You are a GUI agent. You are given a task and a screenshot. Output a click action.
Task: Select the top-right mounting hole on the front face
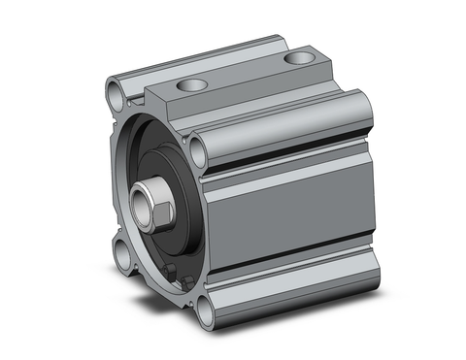tap(199, 148)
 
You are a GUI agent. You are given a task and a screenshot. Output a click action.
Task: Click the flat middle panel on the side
tap(291, 209)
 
